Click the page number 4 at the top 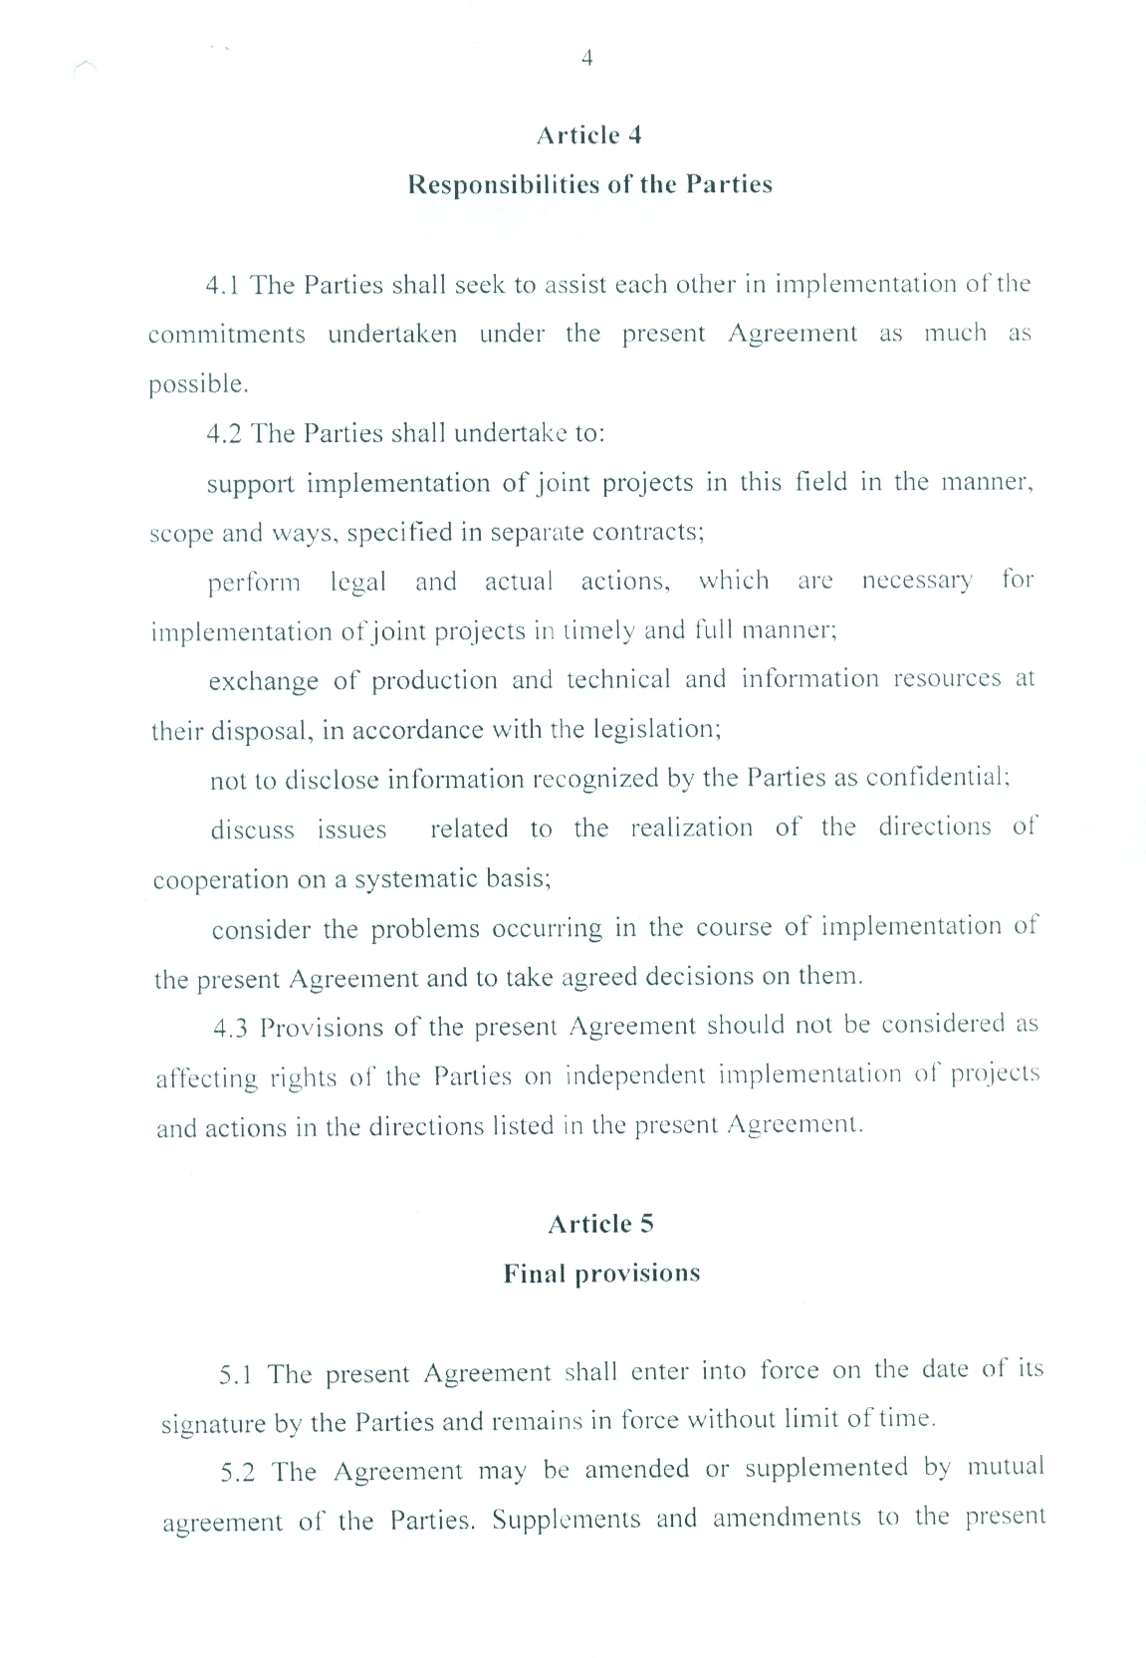pyautogui.click(x=586, y=58)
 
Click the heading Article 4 pyautogui.click(x=588, y=135)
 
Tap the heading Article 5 pyautogui.click(x=600, y=1224)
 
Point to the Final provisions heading pyautogui.click(x=601, y=1274)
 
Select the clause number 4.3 pyautogui.click(x=231, y=1029)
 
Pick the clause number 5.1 pyautogui.click(x=236, y=1375)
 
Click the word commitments pyautogui.click(x=227, y=335)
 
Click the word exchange pyautogui.click(x=263, y=682)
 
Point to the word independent pyautogui.click(x=634, y=1075)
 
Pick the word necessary pyautogui.click(x=916, y=581)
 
